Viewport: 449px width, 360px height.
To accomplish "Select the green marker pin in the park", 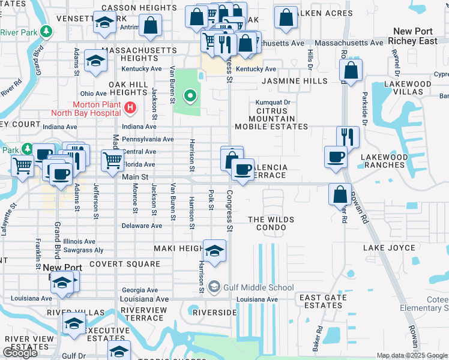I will tap(190, 95).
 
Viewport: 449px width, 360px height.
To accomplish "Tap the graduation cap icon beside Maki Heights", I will tap(214, 251).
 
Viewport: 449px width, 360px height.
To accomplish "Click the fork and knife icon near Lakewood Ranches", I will tap(348, 137).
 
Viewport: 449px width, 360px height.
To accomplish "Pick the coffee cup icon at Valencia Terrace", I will tap(243, 170).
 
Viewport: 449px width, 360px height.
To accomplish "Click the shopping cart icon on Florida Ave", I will tap(112, 161).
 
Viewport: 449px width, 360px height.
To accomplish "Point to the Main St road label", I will tap(134, 177).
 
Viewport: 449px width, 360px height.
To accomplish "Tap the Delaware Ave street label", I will tap(142, 226).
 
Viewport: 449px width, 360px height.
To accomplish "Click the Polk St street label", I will tap(211, 201).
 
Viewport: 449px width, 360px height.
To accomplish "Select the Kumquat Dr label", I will tap(273, 103).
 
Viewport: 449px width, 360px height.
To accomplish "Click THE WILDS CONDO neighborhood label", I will tap(271, 224).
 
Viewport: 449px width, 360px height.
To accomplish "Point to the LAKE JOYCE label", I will tap(389, 248).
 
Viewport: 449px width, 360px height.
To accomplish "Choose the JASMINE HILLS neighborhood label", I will tap(294, 81).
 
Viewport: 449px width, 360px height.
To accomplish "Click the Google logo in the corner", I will tap(20, 353).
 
